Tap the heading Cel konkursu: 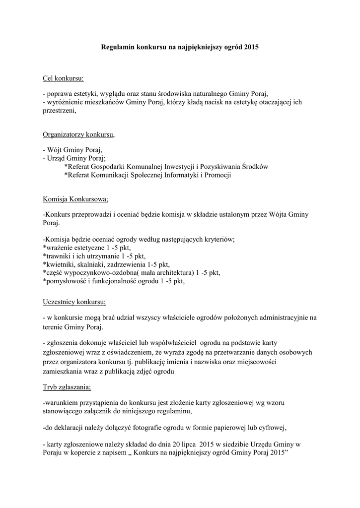click(x=64, y=78)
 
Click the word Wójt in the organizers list click(x=55, y=149)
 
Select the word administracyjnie click(x=281, y=317)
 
